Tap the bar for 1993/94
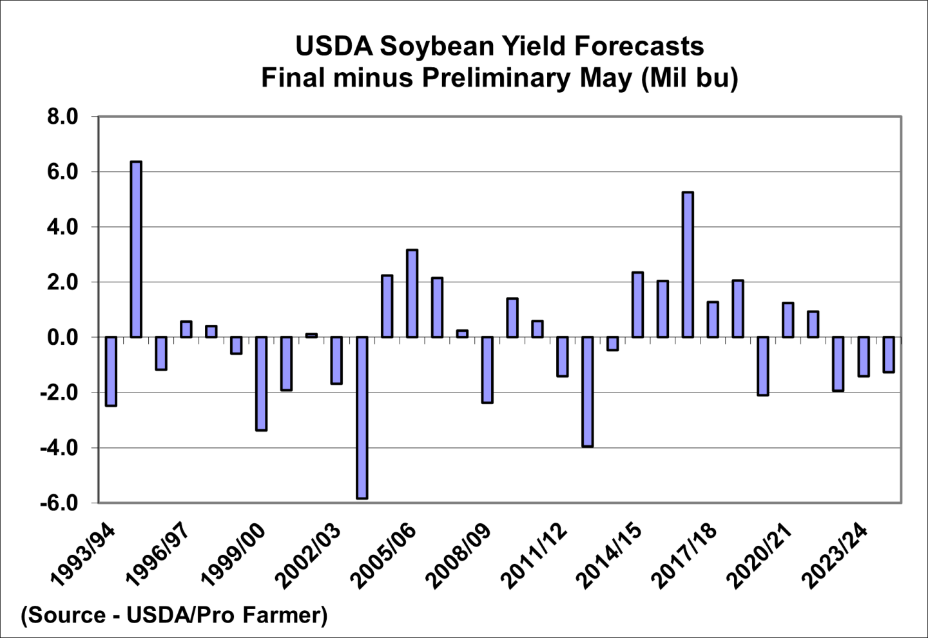coord(111,371)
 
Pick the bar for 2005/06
coord(412,293)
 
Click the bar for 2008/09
coord(487,370)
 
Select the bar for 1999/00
coord(261,383)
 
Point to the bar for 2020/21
coord(788,320)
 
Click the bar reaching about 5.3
coord(688,265)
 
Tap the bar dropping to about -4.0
coord(587,392)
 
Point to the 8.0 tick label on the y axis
coord(62,117)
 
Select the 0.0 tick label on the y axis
coord(62,338)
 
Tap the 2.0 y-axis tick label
coord(62,282)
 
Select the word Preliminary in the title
coord(496,78)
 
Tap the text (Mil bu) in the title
coord(689,78)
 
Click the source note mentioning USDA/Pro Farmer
coord(174,615)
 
